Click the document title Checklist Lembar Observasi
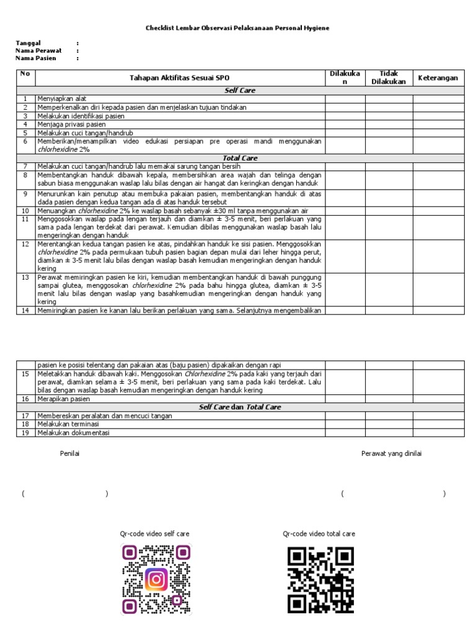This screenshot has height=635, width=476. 237,28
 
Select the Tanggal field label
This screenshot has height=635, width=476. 28,43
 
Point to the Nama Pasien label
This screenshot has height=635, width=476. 36,58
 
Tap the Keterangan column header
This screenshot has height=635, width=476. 438,78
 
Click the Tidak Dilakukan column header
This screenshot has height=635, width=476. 389,78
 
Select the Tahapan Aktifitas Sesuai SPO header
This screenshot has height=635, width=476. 179,78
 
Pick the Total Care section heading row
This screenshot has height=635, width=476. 240,158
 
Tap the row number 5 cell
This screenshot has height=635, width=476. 25,133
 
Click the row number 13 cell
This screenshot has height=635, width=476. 25,277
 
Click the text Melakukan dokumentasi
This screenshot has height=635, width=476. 73,433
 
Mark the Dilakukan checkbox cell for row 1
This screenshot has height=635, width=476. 345,99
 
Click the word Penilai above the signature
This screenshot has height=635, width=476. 69,453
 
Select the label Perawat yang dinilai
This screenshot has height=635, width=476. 391,453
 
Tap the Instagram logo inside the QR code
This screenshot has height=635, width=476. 156,579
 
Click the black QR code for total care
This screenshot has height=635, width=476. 320,579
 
